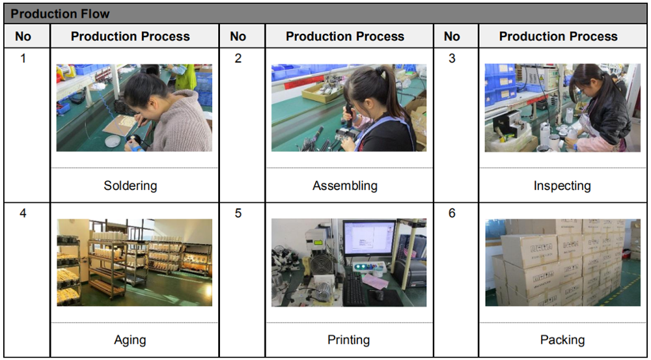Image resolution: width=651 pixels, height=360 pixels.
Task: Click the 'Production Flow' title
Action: click(60, 14)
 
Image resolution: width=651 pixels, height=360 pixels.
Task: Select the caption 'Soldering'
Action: click(130, 185)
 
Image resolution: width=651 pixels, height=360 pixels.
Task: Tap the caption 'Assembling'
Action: click(345, 185)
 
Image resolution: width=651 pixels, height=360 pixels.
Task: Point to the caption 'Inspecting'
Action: click(562, 185)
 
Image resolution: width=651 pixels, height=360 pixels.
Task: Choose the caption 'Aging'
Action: click(130, 340)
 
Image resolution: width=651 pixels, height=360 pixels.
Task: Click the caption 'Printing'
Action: click(348, 340)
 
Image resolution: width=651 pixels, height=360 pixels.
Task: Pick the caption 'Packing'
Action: click(562, 340)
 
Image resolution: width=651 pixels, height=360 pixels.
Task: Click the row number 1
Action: click(23, 58)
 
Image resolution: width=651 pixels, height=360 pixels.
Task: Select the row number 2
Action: click(238, 58)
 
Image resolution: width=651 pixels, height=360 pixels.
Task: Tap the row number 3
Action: click(452, 58)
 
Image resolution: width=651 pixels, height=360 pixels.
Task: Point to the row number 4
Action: click(23, 213)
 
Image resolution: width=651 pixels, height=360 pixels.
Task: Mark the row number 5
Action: click(238, 213)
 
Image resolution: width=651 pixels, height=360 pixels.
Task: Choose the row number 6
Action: click(452, 213)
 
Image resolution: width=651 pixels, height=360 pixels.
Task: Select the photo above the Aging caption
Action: click(135, 262)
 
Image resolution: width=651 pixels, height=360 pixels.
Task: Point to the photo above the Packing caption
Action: click(563, 262)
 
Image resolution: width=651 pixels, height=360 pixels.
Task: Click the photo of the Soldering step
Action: click(134, 107)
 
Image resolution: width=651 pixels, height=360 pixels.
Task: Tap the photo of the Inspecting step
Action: click(562, 107)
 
